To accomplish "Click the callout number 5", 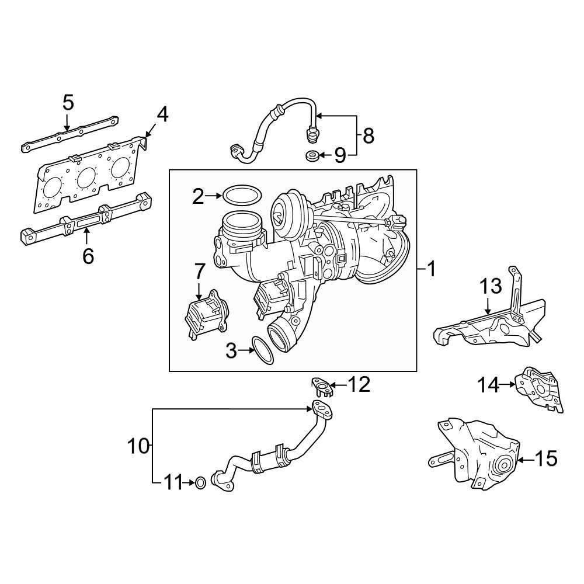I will tap(68, 103).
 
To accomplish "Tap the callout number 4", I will tap(162, 114).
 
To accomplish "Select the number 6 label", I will tap(88, 255).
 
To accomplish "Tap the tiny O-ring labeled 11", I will tap(200, 483).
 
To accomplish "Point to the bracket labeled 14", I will tap(541, 388).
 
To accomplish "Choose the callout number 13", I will tap(491, 286).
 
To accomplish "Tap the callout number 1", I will tap(431, 269).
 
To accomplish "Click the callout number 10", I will tap(139, 446).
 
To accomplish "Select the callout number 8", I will tap(368, 135).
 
